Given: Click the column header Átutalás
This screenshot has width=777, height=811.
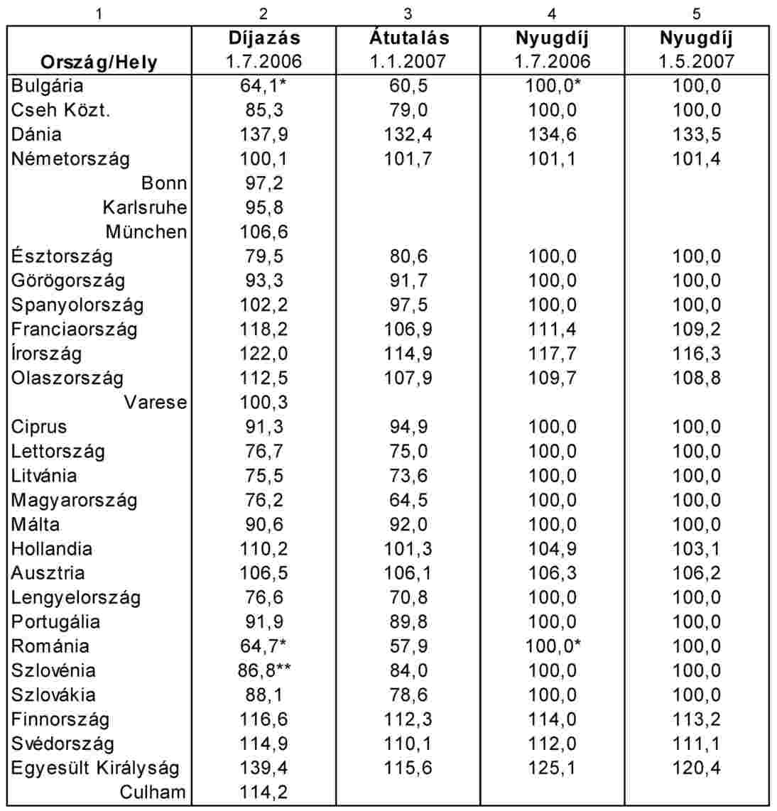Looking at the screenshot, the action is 408,38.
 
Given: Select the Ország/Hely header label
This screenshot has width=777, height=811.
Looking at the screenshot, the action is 99,62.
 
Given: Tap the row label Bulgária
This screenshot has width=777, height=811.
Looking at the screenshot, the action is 47,86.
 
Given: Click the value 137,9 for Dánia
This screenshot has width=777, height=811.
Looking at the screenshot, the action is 263,134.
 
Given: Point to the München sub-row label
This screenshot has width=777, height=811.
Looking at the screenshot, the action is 146,232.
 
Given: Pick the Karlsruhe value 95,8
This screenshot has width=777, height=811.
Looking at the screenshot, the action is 263,207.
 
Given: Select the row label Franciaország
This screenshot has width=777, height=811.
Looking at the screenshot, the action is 75,330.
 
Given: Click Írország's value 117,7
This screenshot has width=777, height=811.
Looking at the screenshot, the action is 552,354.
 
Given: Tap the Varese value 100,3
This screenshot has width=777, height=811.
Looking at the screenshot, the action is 263,403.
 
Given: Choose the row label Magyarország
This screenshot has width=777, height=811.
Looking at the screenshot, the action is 75,500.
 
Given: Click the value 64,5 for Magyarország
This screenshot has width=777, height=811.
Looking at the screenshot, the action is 408,500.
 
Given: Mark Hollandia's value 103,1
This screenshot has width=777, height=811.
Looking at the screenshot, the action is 696,549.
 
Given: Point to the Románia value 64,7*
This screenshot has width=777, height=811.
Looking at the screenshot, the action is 263,646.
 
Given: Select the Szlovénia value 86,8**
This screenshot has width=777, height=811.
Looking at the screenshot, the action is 264,670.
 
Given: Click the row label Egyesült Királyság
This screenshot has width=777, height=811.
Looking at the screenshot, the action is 95,768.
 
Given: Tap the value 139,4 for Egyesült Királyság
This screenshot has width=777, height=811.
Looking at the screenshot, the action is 263,768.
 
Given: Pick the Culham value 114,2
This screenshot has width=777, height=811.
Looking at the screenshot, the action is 263,793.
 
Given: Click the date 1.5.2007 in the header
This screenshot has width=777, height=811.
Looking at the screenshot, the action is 696,62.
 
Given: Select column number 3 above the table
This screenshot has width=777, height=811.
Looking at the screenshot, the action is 408,14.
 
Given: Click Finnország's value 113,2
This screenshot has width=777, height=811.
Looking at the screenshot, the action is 696,719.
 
